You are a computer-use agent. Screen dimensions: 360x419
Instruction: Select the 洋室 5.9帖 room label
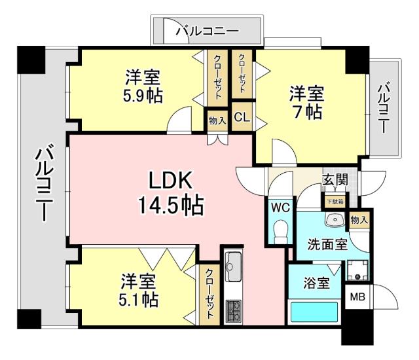(x=143, y=86)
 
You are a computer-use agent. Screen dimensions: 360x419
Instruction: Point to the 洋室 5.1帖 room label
(x=138, y=291)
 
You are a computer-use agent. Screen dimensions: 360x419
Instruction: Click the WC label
(x=280, y=208)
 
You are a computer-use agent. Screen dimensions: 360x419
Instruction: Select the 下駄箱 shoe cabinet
(x=335, y=200)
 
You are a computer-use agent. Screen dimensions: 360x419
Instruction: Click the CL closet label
(x=241, y=118)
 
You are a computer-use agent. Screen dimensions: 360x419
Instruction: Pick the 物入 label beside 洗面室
(x=359, y=221)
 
